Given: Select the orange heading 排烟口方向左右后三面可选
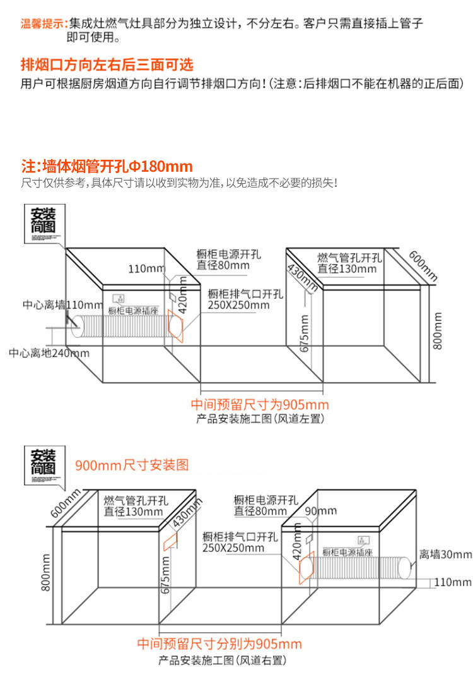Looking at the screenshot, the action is pyautogui.click(x=107, y=64).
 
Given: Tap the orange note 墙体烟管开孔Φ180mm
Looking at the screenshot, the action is pyautogui.click(x=107, y=167).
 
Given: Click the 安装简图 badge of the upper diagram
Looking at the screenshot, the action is pyautogui.click(x=43, y=222).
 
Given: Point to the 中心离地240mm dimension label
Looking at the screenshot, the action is pyautogui.click(x=49, y=353).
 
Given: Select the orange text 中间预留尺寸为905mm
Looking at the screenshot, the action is pyautogui.click(x=260, y=404).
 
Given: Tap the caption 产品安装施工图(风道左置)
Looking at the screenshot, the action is pyautogui.click(x=260, y=418).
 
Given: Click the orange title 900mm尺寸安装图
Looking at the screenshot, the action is pyautogui.click(x=132, y=465).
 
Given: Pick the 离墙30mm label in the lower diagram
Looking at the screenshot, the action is pyautogui.click(x=446, y=554).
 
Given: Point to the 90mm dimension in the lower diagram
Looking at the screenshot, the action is pyautogui.click(x=320, y=511).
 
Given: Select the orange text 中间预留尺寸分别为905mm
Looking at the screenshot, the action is pyautogui.click(x=219, y=644).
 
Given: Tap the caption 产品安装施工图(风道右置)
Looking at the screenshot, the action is pyautogui.click(x=223, y=661).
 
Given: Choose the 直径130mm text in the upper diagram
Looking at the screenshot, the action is pyautogui.click(x=346, y=269).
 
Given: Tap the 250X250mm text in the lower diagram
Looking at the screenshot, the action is pyautogui.click(x=233, y=548).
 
